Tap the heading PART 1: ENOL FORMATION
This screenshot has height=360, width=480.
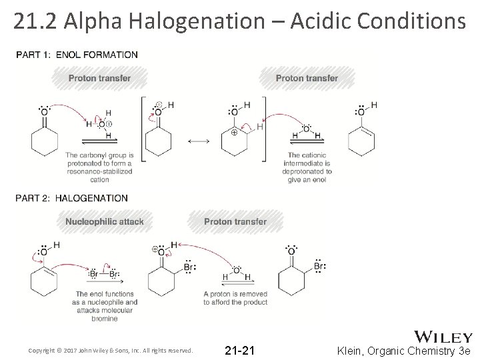pos(76,54)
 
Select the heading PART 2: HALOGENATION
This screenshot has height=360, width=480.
pos(71,198)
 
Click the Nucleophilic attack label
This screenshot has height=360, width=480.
pos(105,221)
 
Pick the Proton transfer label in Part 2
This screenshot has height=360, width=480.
pos(235,221)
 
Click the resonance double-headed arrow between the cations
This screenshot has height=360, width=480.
pos(198,141)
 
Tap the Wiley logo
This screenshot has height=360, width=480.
pos(444,337)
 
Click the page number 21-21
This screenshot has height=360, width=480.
pos(239,350)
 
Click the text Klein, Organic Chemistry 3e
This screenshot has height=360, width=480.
pos(404,350)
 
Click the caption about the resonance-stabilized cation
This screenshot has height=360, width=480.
pos(99,167)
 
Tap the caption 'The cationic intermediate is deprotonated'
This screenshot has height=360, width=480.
pos(306,167)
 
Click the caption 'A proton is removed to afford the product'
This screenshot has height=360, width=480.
pos(235,298)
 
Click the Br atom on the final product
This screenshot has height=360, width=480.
pos(319,266)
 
